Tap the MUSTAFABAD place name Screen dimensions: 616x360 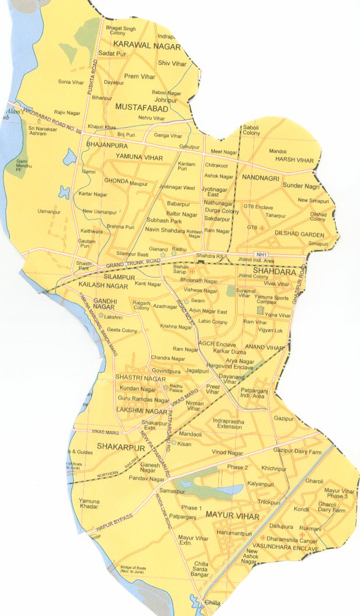click(x=142, y=108)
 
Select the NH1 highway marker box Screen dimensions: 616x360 click(x=262, y=254)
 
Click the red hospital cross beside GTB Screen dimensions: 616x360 click(x=261, y=228)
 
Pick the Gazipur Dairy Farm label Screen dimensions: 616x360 click(x=297, y=451)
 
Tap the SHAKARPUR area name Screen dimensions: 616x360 click(x=117, y=446)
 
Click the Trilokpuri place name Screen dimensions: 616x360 click(x=269, y=502)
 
